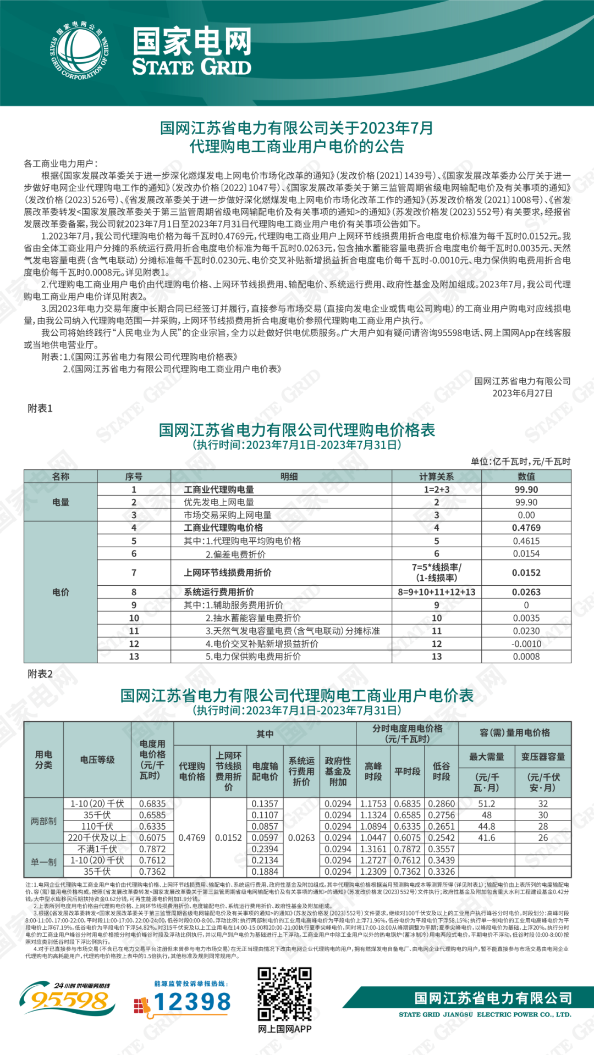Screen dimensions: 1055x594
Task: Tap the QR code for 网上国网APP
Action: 285,994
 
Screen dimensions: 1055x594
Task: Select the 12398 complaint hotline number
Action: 192,1002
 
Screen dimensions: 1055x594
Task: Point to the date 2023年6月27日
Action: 522,393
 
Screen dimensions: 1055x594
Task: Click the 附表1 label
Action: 40,408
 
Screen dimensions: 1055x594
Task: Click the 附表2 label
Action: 40,674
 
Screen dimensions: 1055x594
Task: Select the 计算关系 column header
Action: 436,476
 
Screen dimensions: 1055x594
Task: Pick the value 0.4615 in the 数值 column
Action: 526,541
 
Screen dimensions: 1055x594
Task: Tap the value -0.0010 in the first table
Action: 526,643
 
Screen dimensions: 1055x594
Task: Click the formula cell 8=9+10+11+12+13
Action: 436,592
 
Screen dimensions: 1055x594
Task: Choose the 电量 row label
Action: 61,502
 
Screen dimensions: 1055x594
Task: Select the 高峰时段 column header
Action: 373,771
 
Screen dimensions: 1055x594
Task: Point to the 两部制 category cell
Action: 43,821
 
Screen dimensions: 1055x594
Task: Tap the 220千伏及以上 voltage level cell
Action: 97,838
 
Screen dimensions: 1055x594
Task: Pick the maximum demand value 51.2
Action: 486,803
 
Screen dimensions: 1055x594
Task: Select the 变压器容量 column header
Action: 543,757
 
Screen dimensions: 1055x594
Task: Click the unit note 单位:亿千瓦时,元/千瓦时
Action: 520,462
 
